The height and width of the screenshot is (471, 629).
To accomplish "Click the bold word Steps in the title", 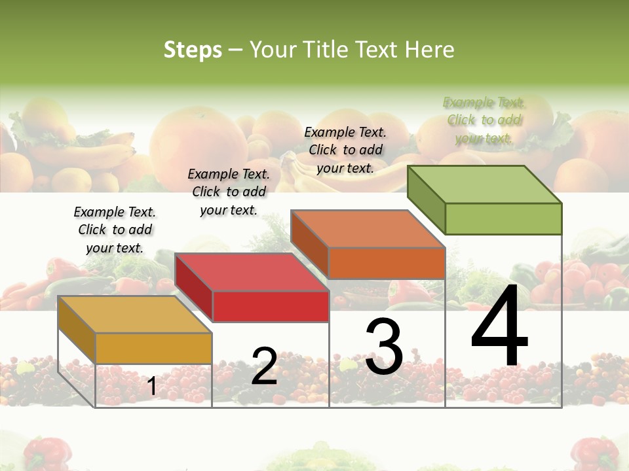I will (193, 50).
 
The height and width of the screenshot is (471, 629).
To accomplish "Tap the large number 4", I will (499, 327).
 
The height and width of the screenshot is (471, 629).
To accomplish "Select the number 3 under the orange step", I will (384, 347).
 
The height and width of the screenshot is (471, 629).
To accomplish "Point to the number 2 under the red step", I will (265, 366).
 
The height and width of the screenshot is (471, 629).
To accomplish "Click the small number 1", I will (151, 387).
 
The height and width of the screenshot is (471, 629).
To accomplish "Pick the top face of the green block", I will (485, 184).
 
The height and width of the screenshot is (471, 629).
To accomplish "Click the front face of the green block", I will (503, 218).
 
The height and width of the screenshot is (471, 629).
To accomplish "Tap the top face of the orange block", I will (368, 229).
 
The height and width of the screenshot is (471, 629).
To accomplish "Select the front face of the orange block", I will (387, 263).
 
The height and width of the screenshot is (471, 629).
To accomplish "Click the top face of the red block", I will (252, 272).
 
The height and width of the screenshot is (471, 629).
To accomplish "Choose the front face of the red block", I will (271, 306).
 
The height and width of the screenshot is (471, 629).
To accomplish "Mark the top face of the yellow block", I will (135, 314).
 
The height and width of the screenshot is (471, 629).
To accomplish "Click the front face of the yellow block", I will (153, 348).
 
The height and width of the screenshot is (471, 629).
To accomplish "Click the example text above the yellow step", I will (115, 230).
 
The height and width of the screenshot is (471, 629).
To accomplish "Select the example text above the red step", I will (229, 192).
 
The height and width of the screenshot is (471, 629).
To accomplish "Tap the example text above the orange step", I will (345, 150).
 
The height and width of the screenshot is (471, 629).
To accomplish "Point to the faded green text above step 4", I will (484, 120).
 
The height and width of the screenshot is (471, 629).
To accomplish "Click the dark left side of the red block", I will (194, 288).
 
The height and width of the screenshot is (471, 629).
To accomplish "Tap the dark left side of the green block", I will (427, 200).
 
